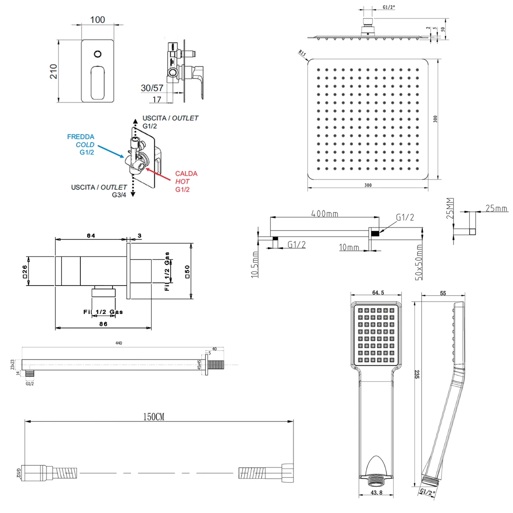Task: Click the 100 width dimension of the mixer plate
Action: (97, 20)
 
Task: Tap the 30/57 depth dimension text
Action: (152, 88)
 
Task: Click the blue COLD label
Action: (85, 144)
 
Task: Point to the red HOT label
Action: (182, 182)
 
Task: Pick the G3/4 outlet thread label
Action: (119, 195)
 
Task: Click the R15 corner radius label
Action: (302, 53)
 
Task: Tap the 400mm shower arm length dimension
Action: (324, 214)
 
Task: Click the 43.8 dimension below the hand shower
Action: (376, 494)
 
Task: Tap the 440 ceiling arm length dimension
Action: (119, 343)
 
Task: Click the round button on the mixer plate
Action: (98, 54)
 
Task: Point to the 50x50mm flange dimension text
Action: (418, 263)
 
